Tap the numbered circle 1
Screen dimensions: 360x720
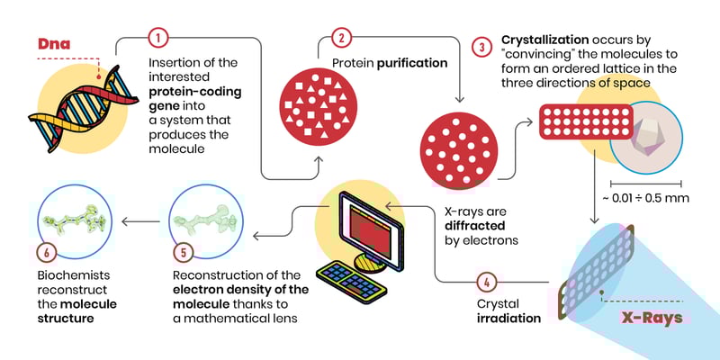coord(157,39)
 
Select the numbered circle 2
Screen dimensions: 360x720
coord(341,39)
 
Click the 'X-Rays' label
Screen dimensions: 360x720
coord(651,318)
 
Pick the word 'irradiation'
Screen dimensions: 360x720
coord(508,318)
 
